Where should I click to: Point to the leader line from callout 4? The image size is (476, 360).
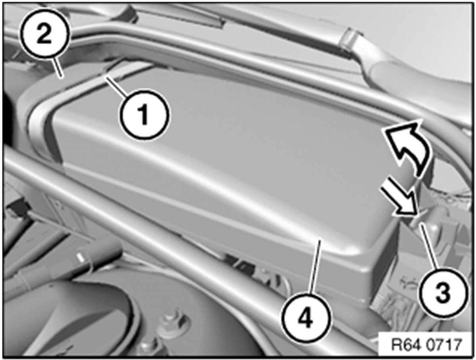click(315, 268)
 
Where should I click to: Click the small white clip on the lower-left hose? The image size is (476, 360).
click(81, 258)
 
